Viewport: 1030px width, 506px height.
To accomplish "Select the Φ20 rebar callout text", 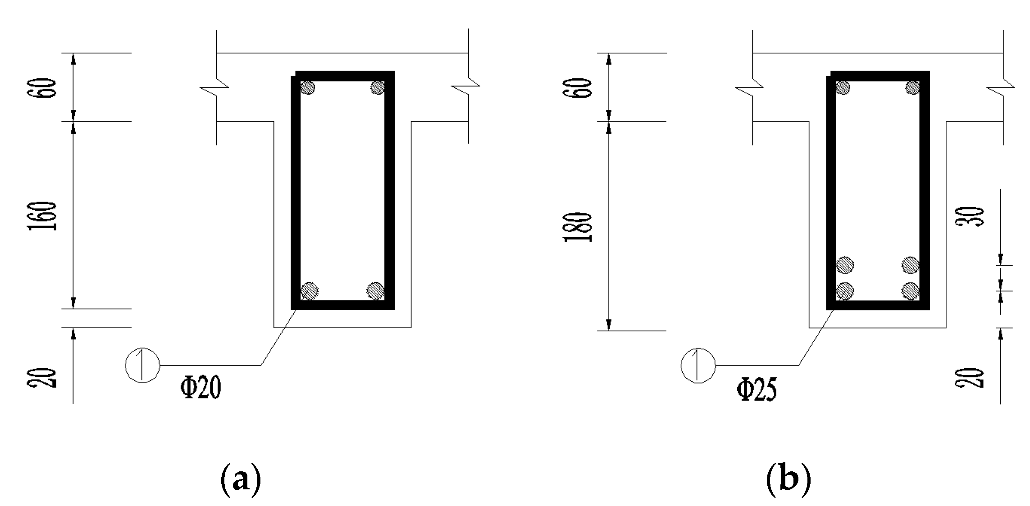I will (x=201, y=389).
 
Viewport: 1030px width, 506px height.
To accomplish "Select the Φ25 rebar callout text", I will (x=757, y=389).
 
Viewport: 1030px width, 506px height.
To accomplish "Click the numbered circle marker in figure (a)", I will (x=142, y=365).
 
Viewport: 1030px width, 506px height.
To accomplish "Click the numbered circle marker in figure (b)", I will (x=698, y=365).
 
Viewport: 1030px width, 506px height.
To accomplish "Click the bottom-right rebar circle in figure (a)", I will (x=375, y=291).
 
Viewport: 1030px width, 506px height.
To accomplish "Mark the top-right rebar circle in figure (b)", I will (x=913, y=87).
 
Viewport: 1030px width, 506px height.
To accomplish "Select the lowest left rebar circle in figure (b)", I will (x=845, y=291).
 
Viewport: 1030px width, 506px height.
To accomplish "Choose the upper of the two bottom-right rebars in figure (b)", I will (x=911, y=265).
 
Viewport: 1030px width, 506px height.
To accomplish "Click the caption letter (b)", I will (x=788, y=481).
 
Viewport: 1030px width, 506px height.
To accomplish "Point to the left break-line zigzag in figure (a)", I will (x=215, y=88).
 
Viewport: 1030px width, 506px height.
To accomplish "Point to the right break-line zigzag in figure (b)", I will (x=1001, y=88).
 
